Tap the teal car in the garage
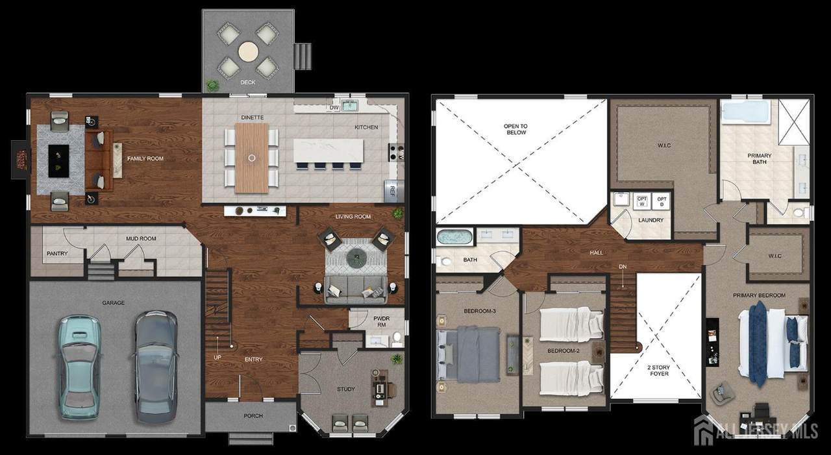(79, 367)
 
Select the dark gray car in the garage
(156, 367)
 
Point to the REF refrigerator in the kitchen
(392, 190)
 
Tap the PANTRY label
(57, 253)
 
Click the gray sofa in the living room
(356, 290)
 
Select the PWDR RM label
(381, 321)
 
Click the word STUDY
(346, 389)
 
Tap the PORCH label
(253, 415)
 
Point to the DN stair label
(623, 267)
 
